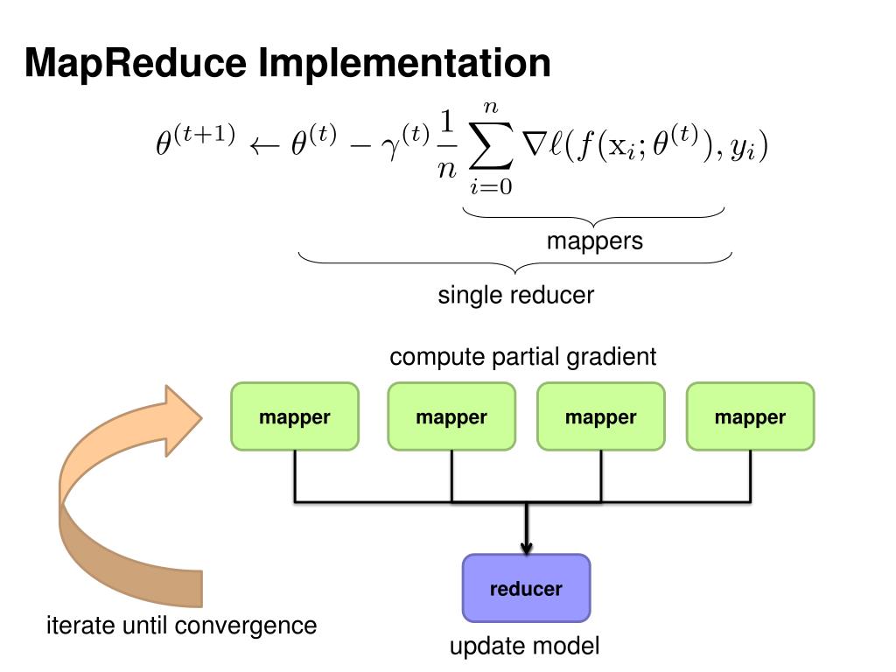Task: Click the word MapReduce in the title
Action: tap(136, 64)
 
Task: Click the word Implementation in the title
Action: tap(404, 64)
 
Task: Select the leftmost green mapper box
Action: tap(295, 416)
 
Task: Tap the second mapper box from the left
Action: tap(451, 416)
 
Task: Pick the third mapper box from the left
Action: tap(600, 416)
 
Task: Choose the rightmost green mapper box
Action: tap(750, 416)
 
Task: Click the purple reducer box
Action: tap(526, 588)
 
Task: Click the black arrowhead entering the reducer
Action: tap(526, 548)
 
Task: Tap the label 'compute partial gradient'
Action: tap(523, 357)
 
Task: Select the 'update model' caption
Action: tap(525, 647)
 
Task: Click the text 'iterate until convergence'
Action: tap(182, 626)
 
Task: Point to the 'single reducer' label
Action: tap(516, 296)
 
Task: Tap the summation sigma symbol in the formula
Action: tap(491, 147)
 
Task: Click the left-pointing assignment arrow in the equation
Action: tap(264, 146)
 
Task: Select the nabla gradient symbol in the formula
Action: tap(535, 145)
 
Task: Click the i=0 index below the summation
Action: tap(491, 186)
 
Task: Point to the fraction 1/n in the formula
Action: tap(447, 145)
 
